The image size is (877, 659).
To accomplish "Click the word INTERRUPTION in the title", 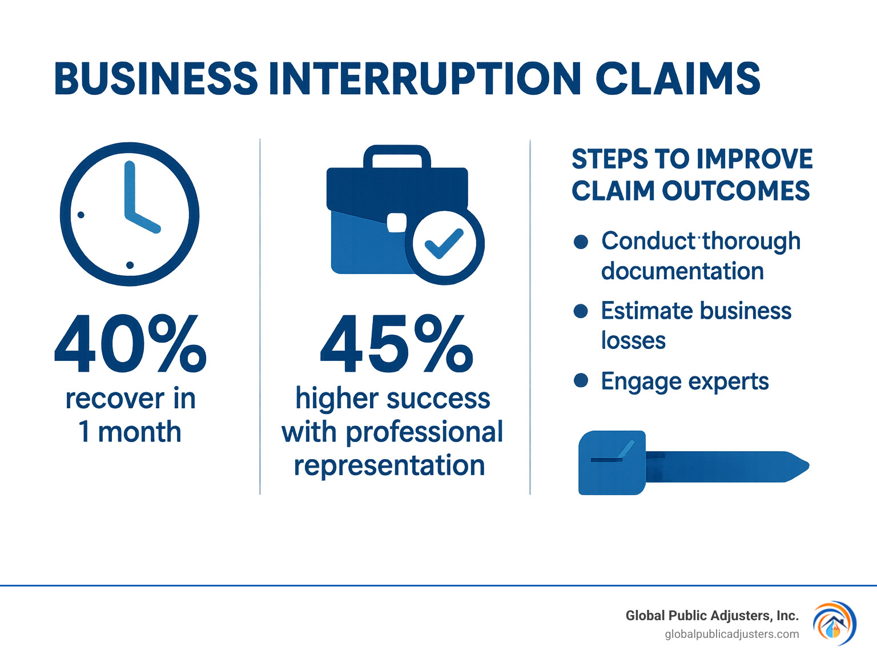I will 425,78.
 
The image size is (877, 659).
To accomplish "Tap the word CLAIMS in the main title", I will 678,78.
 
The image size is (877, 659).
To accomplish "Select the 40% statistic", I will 130,344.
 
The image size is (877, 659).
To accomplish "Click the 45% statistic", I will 396,344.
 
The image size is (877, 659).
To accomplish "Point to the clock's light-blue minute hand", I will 130,188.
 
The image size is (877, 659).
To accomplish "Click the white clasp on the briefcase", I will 397,223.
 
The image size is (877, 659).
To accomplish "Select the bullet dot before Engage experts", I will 581,380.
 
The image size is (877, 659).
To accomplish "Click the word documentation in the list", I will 682,271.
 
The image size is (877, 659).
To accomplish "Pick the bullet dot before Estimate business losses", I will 581,311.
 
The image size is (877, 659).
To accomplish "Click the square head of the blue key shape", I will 612,463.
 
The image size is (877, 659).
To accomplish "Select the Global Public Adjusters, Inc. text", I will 711,616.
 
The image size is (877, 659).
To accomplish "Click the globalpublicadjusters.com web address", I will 731,634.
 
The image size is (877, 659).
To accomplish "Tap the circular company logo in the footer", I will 834,624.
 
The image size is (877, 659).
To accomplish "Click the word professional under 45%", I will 424,432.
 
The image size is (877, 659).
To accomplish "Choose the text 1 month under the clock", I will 130,432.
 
